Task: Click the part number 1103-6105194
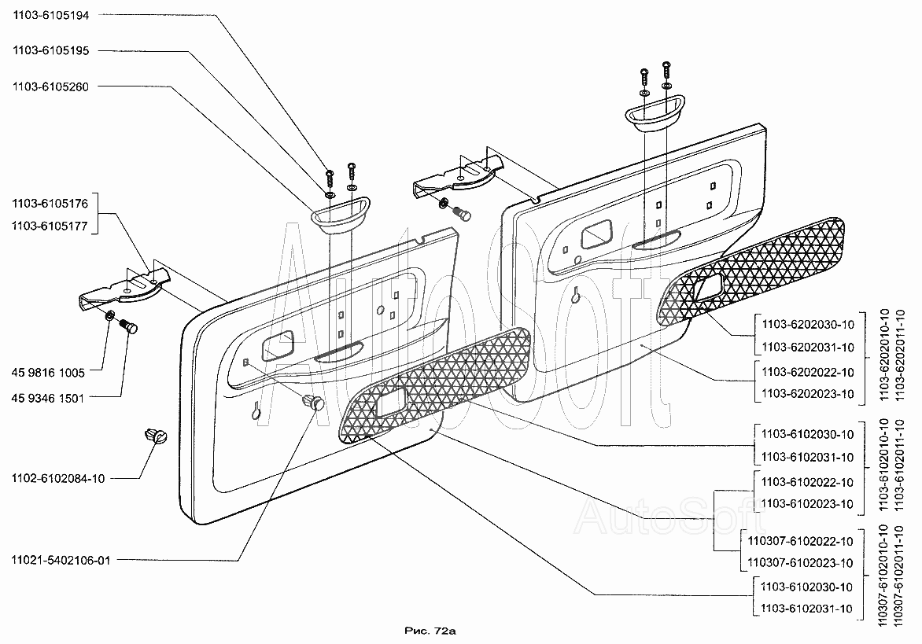(51, 16)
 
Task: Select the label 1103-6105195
(51, 50)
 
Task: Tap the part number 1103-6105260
(50, 87)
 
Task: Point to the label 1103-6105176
(50, 204)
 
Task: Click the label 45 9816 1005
(48, 373)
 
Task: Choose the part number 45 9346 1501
(48, 399)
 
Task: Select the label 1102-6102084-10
(58, 478)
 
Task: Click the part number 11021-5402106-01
(61, 560)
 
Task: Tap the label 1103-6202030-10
(808, 324)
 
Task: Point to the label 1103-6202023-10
(808, 394)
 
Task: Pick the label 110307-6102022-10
(800, 541)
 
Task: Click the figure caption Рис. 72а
(430, 631)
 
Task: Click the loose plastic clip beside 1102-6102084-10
(155, 436)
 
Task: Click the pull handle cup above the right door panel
(655, 110)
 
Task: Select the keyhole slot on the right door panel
(576, 294)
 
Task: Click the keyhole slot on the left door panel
(256, 410)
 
